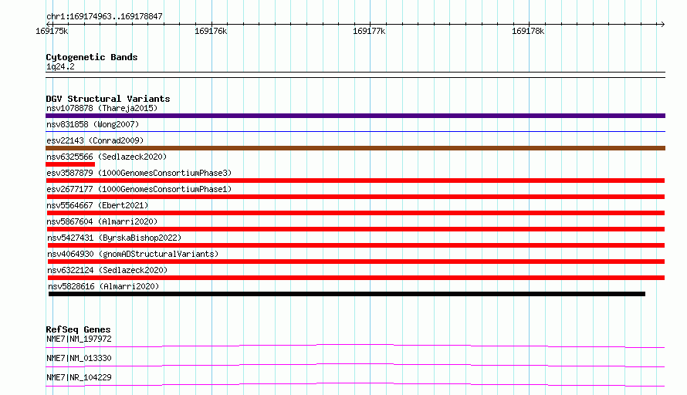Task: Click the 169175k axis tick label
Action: (52, 31)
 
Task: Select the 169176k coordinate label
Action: (211, 31)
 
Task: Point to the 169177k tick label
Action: (369, 31)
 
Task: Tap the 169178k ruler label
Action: (528, 31)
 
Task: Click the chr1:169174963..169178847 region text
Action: (104, 17)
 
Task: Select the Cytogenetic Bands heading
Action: (92, 57)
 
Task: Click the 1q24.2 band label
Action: (60, 66)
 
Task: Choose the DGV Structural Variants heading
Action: (108, 99)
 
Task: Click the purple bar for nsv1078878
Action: (355, 116)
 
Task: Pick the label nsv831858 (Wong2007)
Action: (93, 124)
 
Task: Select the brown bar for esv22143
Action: (355, 148)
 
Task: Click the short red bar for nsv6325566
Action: (70, 164)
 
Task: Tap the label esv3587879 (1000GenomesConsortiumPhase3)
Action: (139, 173)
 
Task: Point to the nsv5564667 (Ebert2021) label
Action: (97, 205)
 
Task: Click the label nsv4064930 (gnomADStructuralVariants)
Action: (133, 254)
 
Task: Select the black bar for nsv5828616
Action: (347, 294)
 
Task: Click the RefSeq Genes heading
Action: (79, 329)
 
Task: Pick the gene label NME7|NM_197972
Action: (79, 339)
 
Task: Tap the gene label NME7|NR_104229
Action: (79, 377)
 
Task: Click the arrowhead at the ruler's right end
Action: (663, 24)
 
